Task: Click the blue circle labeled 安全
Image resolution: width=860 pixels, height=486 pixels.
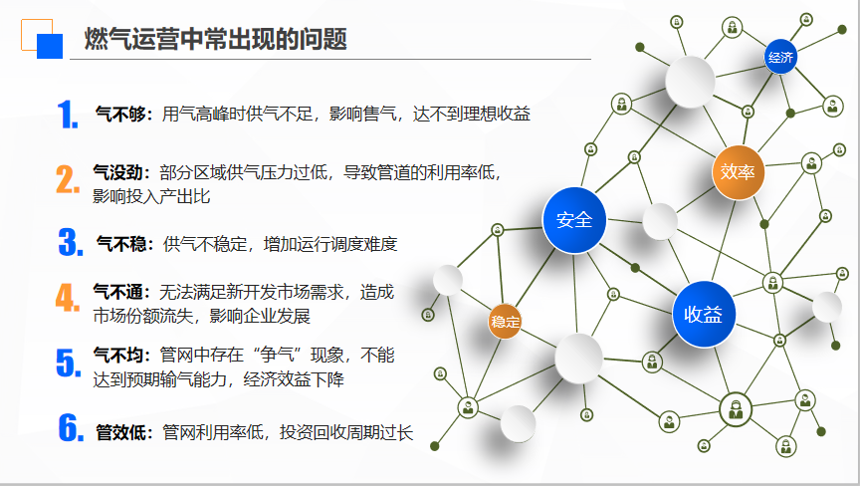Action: pos(574,220)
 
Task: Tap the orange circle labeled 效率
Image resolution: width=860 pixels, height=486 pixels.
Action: pos(738,172)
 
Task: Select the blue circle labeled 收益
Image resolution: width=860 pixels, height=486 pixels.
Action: pos(703,315)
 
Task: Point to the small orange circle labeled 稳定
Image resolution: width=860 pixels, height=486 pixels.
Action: pos(505,322)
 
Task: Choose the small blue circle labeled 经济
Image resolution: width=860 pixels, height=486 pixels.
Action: pos(780,57)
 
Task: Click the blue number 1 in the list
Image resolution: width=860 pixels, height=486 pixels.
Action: pos(68,115)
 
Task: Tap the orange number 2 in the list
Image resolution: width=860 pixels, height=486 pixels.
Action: pos(68,179)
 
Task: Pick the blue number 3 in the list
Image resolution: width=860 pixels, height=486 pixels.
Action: pos(71,242)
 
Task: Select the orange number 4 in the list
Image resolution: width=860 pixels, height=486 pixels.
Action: pos(68,298)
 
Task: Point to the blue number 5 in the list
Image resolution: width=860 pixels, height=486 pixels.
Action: pos(69,363)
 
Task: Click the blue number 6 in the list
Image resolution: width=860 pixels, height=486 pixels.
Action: pos(71,427)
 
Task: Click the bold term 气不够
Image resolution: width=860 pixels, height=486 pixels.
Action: pos(120,114)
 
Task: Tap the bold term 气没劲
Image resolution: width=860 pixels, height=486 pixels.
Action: pos(118,172)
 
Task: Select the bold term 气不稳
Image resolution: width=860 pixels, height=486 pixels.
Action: pos(121,244)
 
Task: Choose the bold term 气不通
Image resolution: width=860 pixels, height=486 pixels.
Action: pos(118,291)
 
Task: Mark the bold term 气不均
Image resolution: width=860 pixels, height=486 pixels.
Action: pos(118,355)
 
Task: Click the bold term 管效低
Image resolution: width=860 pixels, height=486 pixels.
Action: pos(121,432)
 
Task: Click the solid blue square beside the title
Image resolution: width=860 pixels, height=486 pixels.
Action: pos(50,46)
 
